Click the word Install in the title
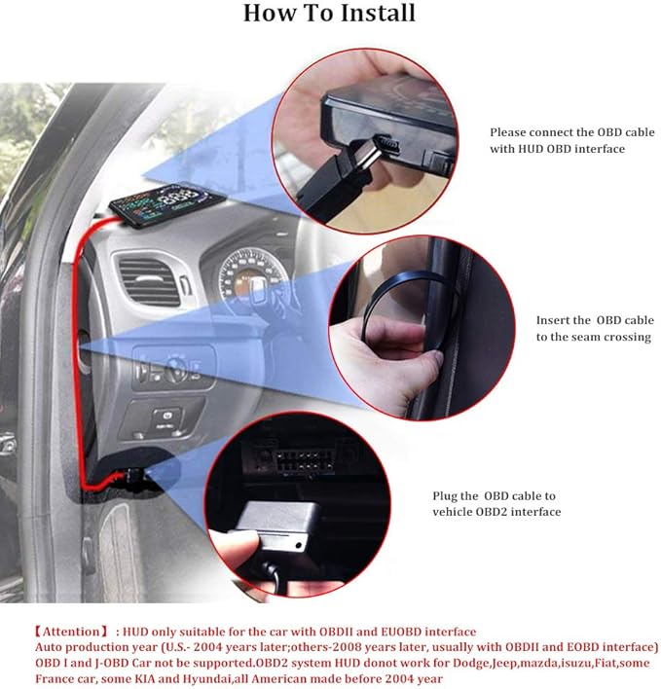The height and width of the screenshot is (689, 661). (x=378, y=13)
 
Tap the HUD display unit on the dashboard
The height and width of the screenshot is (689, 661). (x=167, y=203)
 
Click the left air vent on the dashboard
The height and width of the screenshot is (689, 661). (x=149, y=281)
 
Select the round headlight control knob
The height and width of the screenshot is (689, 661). (x=176, y=369)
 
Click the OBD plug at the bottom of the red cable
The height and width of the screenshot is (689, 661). (x=134, y=476)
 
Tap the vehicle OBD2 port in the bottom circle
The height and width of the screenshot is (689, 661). (x=304, y=460)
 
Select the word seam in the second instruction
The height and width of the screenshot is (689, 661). (x=584, y=338)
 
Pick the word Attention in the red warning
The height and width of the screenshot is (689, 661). (x=71, y=632)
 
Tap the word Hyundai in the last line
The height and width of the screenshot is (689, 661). (x=203, y=679)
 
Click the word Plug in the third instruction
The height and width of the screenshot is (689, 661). (x=445, y=496)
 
